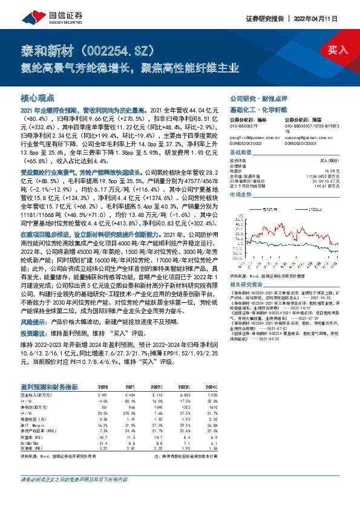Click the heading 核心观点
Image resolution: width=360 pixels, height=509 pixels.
pyautogui.click(x=38, y=97)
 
